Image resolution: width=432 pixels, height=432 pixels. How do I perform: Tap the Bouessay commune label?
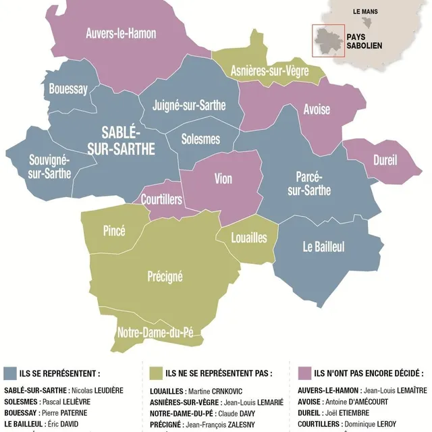tap(68, 88)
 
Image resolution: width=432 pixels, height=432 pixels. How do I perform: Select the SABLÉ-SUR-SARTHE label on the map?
tap(128, 140)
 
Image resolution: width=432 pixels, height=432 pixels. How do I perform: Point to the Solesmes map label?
tap(201, 139)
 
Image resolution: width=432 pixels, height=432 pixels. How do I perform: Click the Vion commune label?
tap(223, 179)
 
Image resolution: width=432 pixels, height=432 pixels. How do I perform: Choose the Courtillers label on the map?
tap(161, 199)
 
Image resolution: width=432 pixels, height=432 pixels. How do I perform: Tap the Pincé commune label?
tap(114, 231)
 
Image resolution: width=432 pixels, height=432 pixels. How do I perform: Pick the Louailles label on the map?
tap(249, 238)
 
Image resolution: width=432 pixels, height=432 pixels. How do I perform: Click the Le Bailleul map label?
tap(323, 247)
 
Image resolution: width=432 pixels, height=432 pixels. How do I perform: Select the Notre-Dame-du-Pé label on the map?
tap(160, 332)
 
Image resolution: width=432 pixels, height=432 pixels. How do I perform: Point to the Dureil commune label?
tap(385, 161)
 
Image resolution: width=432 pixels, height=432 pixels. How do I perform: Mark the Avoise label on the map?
tap(317, 109)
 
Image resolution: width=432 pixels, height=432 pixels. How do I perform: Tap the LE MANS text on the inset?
tap(365, 11)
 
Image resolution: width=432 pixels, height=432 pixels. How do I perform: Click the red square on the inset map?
tap(328, 40)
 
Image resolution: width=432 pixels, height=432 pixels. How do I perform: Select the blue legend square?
tap(10, 373)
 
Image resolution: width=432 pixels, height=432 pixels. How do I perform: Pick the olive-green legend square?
tap(155, 373)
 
